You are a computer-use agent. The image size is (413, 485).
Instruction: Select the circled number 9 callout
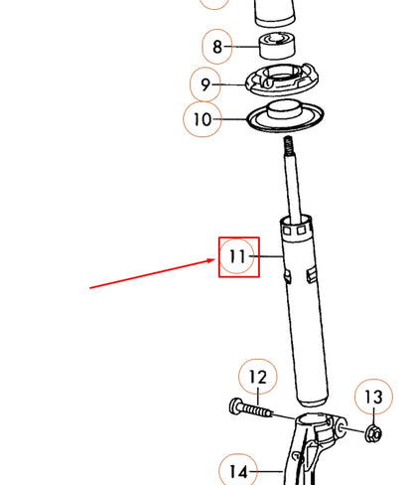[206, 83]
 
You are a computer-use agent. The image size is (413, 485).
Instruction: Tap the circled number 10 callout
[203, 120]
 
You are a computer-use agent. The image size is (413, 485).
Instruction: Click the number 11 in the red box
[238, 256]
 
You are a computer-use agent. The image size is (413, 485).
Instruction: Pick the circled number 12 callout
[257, 378]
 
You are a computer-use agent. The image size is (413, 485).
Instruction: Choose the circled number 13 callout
[372, 399]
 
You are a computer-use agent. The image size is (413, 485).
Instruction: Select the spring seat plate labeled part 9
[289, 80]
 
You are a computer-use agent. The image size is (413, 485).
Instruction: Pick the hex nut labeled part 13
[373, 432]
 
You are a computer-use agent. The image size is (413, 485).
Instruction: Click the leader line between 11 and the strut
[269, 256]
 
